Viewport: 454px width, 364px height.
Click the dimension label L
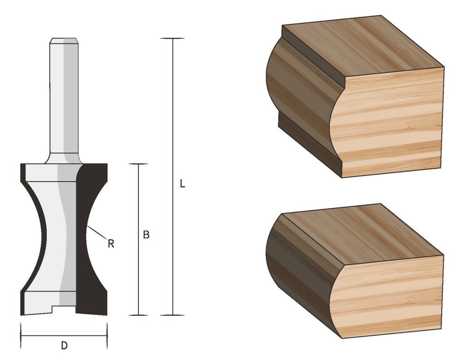pos(182,184)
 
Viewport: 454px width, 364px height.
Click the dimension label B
pos(146,235)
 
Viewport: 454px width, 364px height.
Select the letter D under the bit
pos(64,346)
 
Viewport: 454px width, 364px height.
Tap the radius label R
pos(110,244)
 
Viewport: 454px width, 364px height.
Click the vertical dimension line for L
pos(173,136)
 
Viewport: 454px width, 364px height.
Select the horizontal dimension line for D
pos(45,336)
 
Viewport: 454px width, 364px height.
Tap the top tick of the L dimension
pos(173,39)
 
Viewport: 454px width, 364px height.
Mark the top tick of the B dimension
pos(138,164)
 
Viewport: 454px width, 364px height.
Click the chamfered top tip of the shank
pos(63,41)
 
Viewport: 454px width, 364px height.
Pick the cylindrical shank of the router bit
pos(63,100)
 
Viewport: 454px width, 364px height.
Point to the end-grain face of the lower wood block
pos(390,296)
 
